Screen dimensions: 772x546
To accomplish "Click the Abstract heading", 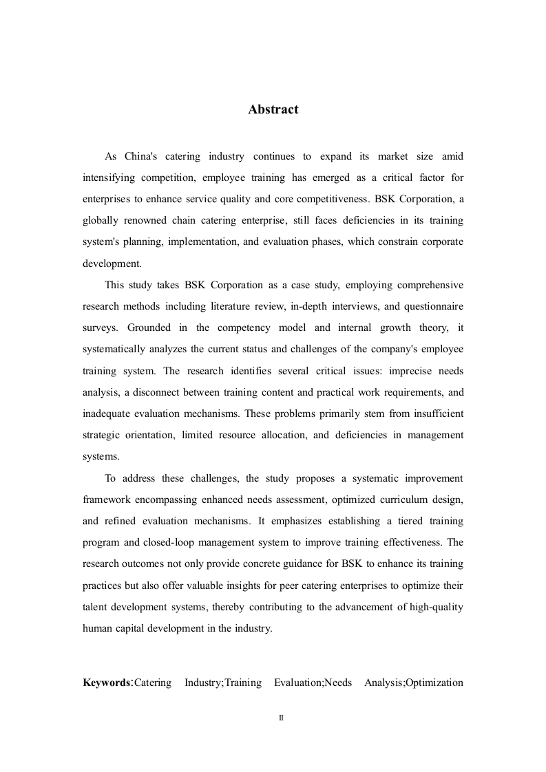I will pyautogui.click(x=273, y=109).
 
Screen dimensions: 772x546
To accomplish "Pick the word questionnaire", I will pyautogui.click(x=434, y=306).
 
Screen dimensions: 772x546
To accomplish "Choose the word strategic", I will pyautogui.click(x=103, y=435).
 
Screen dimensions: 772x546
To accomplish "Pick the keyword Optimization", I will pyautogui.click(x=434, y=683).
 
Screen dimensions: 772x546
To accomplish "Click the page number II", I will pyautogui.click(x=281, y=718).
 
